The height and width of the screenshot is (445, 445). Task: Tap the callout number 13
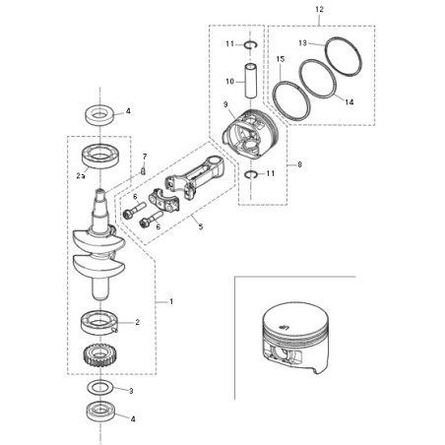tap(303, 42)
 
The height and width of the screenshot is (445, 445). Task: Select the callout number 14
tap(349, 99)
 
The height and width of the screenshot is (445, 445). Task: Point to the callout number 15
tap(280, 59)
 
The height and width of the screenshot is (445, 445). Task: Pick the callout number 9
tap(225, 105)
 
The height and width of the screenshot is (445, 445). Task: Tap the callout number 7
tap(144, 157)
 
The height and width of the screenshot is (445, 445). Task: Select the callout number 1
tap(170, 299)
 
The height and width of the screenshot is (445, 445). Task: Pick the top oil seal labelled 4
tap(98, 113)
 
